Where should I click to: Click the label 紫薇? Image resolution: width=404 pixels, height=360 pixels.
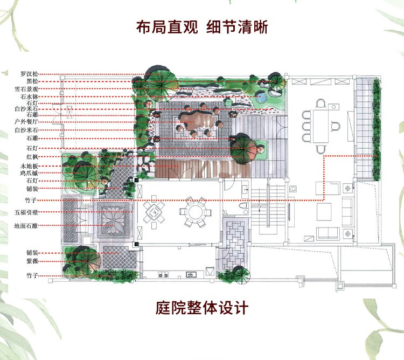[x=32, y=260]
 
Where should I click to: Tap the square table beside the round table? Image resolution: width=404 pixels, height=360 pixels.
[x=157, y=213]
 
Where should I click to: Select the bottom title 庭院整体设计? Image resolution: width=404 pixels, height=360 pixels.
[x=202, y=308]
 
